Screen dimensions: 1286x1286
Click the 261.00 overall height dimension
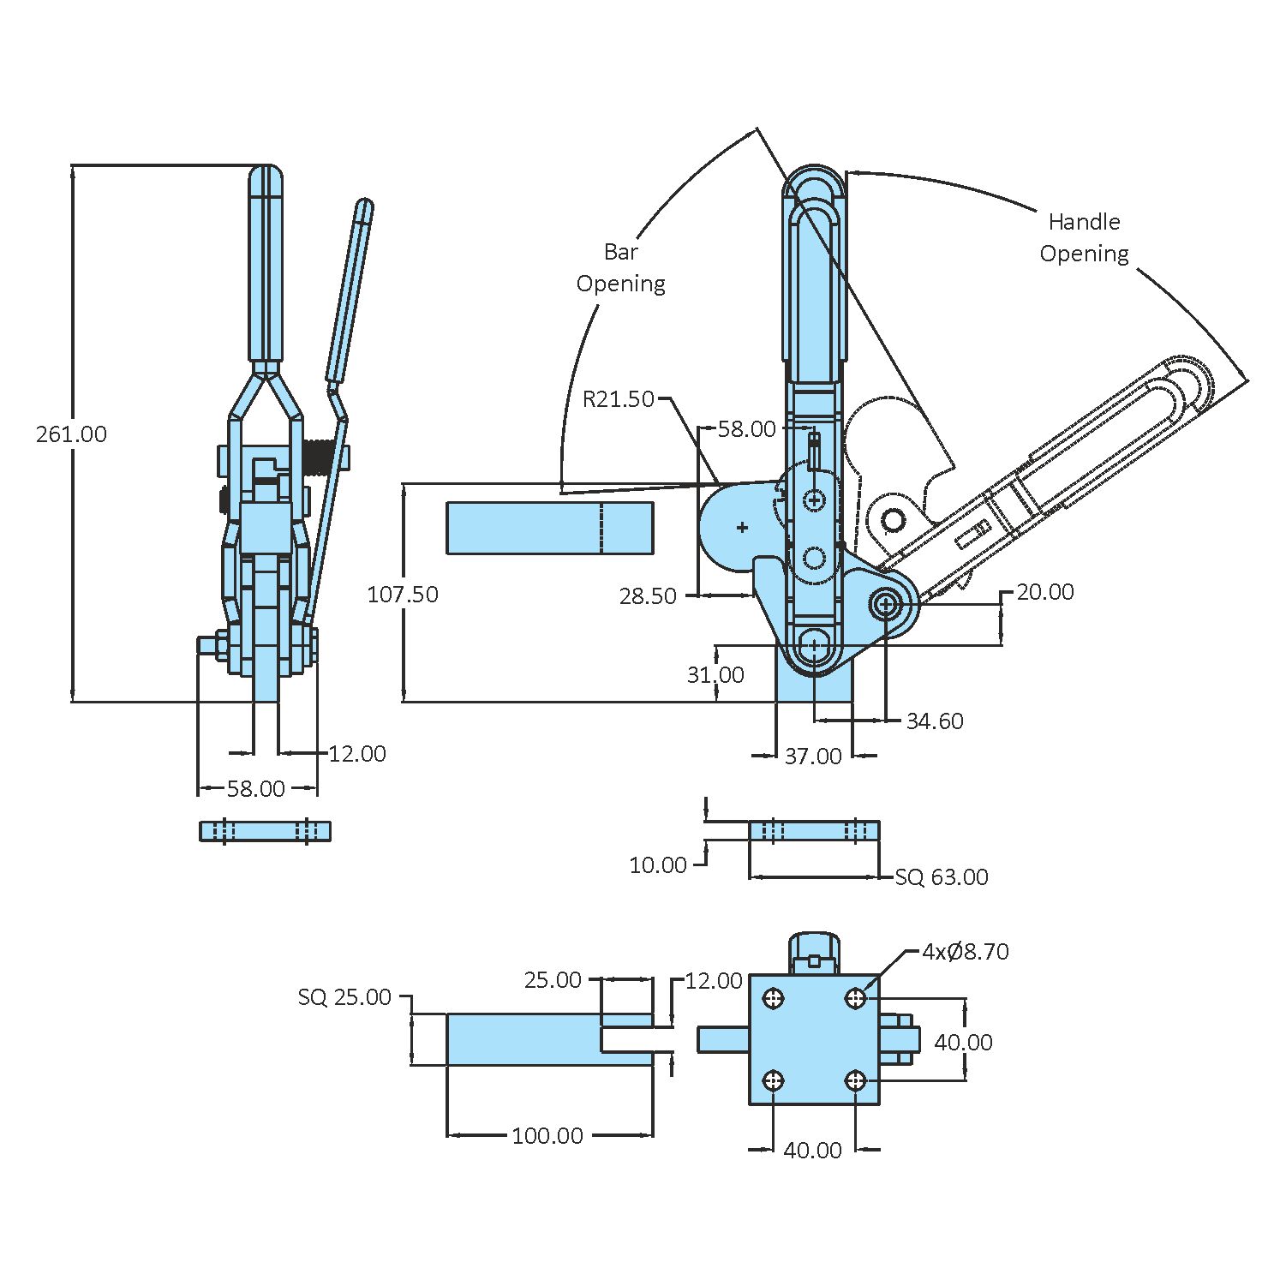[x=71, y=434]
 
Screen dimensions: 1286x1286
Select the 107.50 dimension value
[x=402, y=595]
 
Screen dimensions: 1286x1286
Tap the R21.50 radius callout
[x=618, y=399]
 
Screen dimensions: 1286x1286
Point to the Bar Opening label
[x=620, y=267]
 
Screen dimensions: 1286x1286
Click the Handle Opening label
[x=1084, y=237]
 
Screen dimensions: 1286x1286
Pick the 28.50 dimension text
[x=647, y=596]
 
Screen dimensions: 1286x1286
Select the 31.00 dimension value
[x=715, y=675]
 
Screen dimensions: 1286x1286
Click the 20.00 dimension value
[x=1044, y=592]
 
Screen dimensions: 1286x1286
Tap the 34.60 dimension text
[x=934, y=721]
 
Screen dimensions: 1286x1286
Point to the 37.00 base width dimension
[x=813, y=757]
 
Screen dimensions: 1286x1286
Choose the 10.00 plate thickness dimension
[x=657, y=865]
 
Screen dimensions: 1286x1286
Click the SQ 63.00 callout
[x=941, y=877]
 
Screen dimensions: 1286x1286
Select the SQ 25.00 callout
[x=344, y=997]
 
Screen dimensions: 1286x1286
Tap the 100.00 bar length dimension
[x=547, y=1136]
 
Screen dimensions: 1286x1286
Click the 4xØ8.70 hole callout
[x=965, y=952]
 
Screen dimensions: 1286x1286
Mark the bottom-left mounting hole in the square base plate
[x=774, y=1080]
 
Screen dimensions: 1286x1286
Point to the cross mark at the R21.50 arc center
[x=742, y=528]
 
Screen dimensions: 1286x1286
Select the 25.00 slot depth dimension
[x=553, y=980]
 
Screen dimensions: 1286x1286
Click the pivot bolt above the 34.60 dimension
[x=886, y=605]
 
